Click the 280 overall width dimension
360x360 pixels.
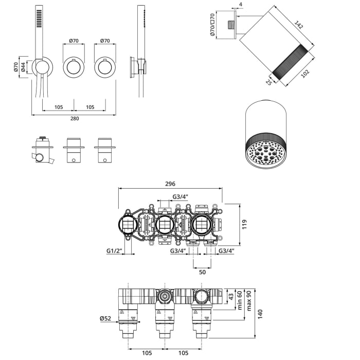point(75,119)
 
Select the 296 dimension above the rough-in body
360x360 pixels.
point(170,184)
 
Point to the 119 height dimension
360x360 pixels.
point(245,224)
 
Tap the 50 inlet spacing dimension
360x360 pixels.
point(202,272)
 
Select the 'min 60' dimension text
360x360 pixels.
point(240,300)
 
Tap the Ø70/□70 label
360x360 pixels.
point(212,25)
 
